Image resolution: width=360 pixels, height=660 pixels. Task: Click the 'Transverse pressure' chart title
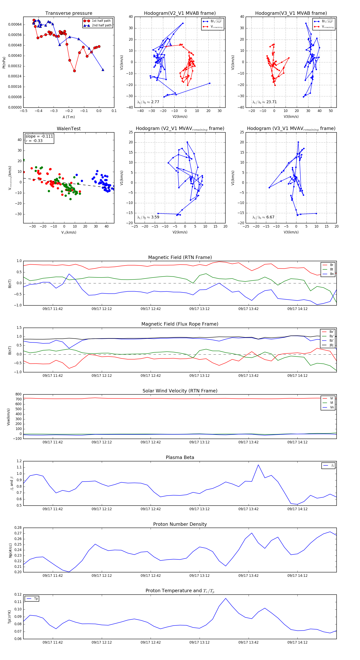(69, 13)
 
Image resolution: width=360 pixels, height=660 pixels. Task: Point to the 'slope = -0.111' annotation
(39, 136)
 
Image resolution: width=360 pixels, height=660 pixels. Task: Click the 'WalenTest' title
(69, 129)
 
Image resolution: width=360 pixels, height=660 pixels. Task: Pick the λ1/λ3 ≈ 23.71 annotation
(264, 102)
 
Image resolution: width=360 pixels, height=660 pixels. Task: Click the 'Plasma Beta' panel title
(180, 458)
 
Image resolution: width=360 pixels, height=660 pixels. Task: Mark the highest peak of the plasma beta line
(258, 465)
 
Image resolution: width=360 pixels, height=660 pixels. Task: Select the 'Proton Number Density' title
(180, 524)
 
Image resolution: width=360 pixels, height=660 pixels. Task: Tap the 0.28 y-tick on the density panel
(18, 528)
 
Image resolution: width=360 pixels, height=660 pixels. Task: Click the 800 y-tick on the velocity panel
(18, 394)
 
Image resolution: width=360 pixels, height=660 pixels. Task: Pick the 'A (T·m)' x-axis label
(69, 117)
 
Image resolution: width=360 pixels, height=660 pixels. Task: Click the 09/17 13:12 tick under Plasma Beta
(199, 509)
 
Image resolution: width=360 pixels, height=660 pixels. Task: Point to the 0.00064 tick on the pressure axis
(15, 25)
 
